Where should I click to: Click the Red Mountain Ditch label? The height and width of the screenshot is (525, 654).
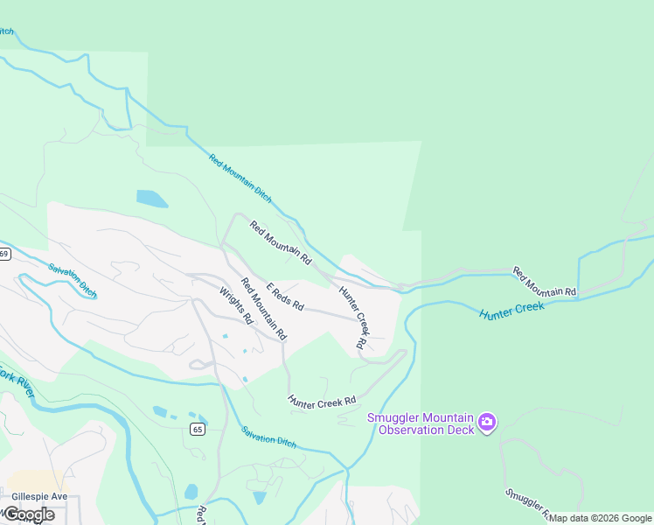(x=240, y=178)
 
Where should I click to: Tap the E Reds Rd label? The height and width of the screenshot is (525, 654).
(x=285, y=297)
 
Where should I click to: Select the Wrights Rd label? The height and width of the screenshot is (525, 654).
(x=235, y=306)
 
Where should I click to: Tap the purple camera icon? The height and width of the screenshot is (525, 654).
(x=487, y=423)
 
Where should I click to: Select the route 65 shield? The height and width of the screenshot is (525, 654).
(x=198, y=429)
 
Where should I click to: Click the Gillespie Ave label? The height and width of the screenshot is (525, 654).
(x=39, y=496)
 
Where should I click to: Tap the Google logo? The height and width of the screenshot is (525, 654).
(x=28, y=514)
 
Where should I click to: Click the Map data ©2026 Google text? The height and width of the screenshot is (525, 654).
(x=600, y=518)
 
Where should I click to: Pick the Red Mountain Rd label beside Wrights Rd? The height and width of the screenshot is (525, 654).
(x=264, y=309)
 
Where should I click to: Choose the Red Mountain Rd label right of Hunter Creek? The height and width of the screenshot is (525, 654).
(x=545, y=280)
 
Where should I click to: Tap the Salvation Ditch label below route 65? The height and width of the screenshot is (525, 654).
(x=269, y=437)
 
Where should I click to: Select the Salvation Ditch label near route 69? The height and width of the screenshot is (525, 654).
(x=73, y=281)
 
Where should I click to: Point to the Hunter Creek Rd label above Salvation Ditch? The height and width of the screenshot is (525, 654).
(x=323, y=400)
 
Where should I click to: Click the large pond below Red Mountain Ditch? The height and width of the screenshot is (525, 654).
(x=151, y=199)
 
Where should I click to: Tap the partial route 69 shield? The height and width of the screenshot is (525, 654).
(x=4, y=254)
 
